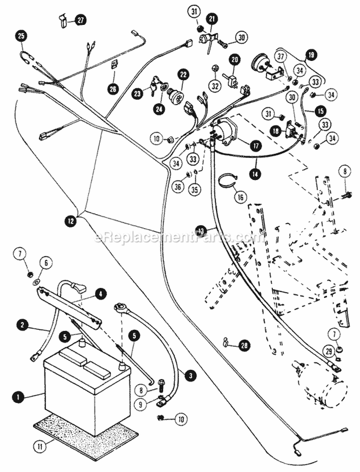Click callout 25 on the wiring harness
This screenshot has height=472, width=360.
click(22, 35)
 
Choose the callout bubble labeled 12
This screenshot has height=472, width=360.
click(71, 220)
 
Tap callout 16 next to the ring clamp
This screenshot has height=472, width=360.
click(239, 196)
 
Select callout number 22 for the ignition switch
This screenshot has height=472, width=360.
click(170, 75)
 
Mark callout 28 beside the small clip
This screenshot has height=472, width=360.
click(244, 345)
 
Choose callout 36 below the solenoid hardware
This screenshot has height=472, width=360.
click(178, 188)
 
